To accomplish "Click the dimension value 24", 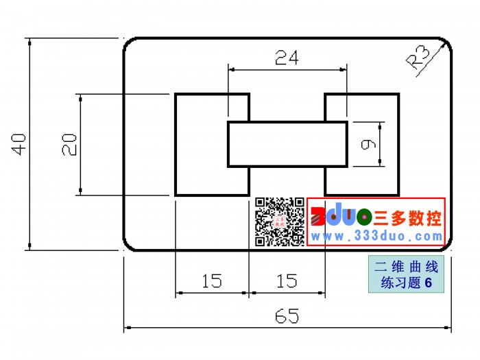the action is coord(287,58).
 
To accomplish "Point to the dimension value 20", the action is coord(69,145).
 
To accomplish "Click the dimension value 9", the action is coord(368,144).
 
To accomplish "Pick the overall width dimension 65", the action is coord(287,316).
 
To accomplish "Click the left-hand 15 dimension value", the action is coord(212,280).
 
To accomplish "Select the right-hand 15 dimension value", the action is coord(287,280).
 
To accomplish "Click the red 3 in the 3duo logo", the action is coord(317,217).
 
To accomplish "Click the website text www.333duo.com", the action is coord(376,236).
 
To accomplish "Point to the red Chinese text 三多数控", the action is coord(407,218).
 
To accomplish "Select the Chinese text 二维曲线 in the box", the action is coord(406,267).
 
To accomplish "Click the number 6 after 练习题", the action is coord(429,283).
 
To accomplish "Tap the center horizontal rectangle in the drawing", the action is coord(287,144).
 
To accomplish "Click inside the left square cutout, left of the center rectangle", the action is coord(201,145).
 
